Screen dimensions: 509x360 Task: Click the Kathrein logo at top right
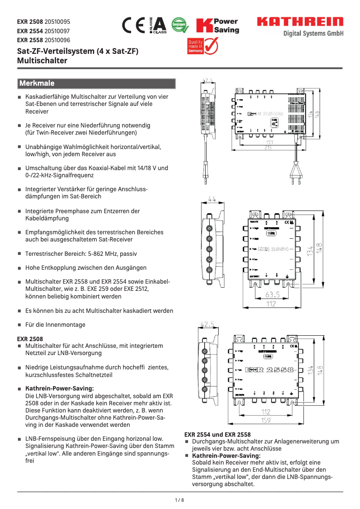click(300, 22)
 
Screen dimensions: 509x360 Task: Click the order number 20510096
click(54, 39)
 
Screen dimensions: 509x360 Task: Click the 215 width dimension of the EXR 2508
click(268, 148)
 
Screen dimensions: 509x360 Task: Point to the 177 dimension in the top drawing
click(268, 142)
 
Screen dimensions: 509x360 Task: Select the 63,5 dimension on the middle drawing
click(272, 295)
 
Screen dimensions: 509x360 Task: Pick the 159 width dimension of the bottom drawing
click(266, 421)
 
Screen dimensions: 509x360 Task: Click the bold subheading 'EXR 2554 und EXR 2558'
click(218, 434)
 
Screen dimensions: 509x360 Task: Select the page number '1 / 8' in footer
click(180, 500)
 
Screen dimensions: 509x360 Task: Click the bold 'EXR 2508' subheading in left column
click(30, 339)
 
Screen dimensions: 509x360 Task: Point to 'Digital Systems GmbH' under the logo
click(313, 34)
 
